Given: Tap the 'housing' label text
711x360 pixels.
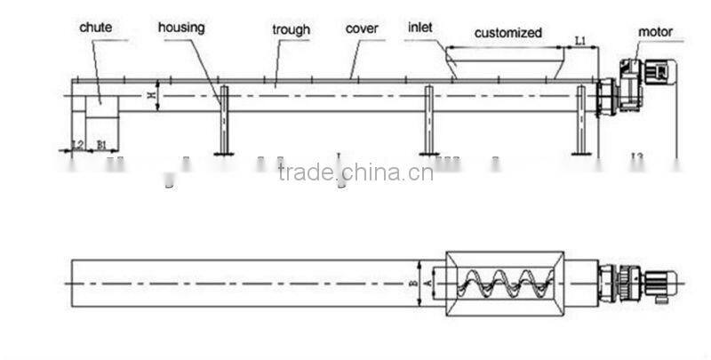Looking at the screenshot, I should pos(181,28).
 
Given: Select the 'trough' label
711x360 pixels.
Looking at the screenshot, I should pos(291,30).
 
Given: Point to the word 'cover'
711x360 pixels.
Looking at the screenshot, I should pos(363,28).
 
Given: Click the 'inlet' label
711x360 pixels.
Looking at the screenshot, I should pos(419,28).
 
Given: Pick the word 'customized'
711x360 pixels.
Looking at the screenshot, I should pos(507,33).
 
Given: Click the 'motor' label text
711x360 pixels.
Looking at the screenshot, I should pos(656,32).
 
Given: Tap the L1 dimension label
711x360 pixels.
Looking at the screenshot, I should pos(579,41).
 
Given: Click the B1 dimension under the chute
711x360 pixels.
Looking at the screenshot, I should pos(102,143).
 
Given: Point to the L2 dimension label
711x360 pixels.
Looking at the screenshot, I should pos(76,143).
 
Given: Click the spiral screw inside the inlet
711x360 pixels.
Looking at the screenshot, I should pos(502,282).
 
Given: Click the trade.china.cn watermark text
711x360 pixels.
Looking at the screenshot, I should pos(355,172).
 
